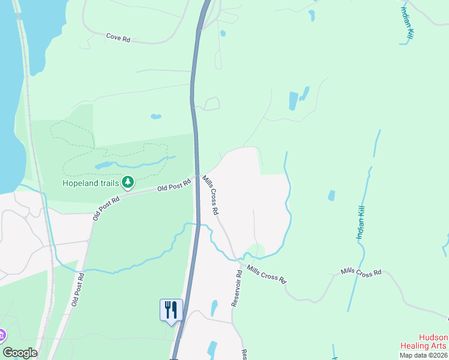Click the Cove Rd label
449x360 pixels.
(x=118, y=38)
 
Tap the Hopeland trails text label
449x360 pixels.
(x=91, y=182)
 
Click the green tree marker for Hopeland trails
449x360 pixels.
(x=127, y=181)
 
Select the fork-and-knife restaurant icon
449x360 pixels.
(x=170, y=310)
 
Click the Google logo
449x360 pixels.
(x=20, y=353)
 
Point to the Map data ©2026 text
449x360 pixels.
(x=424, y=355)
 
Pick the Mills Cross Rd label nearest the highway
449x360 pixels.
(x=211, y=195)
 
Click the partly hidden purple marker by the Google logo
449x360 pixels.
(x=2, y=335)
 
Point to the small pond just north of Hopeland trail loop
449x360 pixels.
(x=156, y=116)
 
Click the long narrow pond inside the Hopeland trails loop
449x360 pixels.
(x=103, y=164)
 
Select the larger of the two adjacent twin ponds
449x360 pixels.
(x=293, y=101)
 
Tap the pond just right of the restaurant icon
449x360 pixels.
(x=214, y=308)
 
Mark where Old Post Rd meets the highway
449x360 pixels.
(x=196, y=176)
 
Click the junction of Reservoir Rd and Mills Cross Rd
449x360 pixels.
(x=238, y=261)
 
